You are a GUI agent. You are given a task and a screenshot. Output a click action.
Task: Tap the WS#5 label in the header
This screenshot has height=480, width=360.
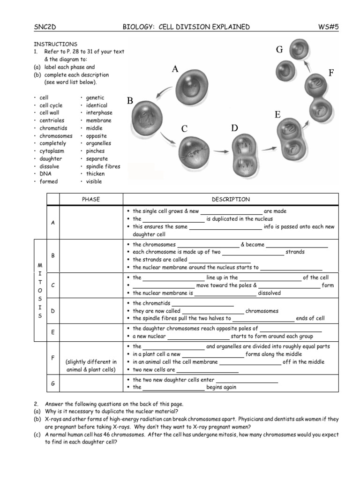328,27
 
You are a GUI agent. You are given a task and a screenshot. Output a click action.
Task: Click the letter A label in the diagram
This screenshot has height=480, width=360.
175,69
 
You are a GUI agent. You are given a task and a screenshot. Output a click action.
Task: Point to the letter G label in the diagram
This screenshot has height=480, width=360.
279,50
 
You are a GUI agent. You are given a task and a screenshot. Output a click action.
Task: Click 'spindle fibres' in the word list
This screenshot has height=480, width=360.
103,166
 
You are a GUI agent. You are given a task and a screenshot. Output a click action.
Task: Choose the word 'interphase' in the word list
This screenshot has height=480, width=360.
99,113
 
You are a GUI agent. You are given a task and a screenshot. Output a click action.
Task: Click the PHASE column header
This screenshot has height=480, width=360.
90,199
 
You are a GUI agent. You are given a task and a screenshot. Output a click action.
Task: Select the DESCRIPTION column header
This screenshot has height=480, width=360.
231,199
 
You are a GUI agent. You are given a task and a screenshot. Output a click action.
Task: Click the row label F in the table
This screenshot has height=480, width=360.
52,358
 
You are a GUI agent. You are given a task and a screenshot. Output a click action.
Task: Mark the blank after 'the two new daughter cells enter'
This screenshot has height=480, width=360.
247,380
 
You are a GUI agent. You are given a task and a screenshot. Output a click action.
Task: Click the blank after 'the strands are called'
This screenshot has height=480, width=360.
219,260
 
